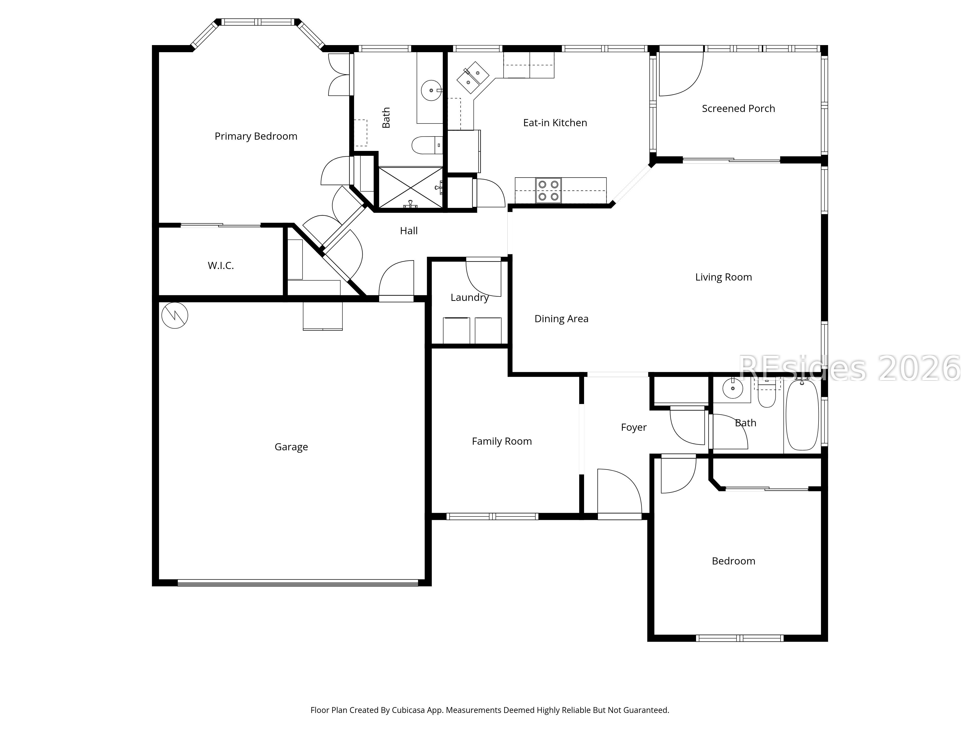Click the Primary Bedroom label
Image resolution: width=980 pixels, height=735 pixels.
click(256, 136)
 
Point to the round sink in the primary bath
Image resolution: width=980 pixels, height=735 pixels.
click(431, 90)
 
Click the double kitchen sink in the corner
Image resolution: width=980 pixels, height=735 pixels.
click(473, 77)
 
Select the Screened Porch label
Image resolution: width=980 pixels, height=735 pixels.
click(738, 109)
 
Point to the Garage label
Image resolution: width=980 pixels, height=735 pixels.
click(291, 447)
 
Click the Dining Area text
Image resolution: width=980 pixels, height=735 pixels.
click(561, 319)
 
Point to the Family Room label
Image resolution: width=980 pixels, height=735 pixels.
click(502, 441)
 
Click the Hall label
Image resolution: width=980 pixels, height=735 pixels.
click(408, 231)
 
